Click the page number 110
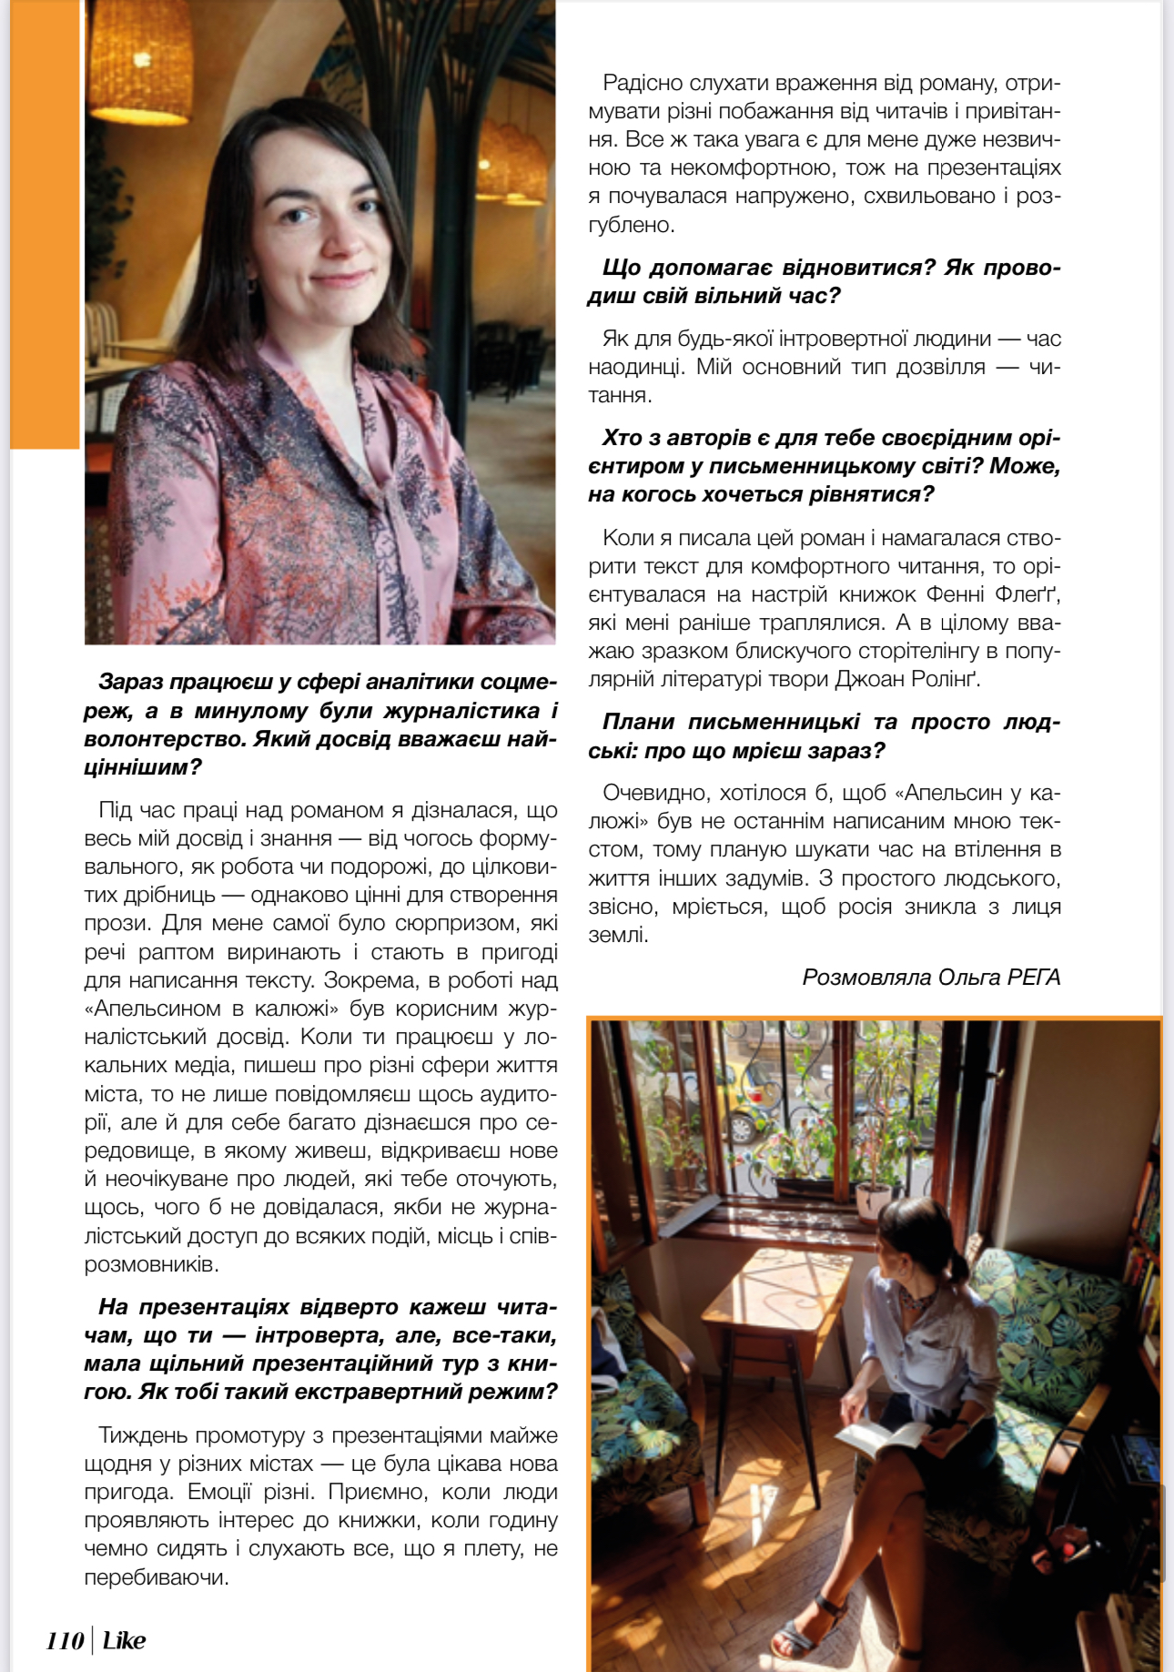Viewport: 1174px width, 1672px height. pos(65,1640)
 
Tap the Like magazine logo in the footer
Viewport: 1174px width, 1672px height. pos(124,1640)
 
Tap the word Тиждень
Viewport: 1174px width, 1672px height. pos(142,1435)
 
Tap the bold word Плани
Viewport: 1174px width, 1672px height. pos(637,722)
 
